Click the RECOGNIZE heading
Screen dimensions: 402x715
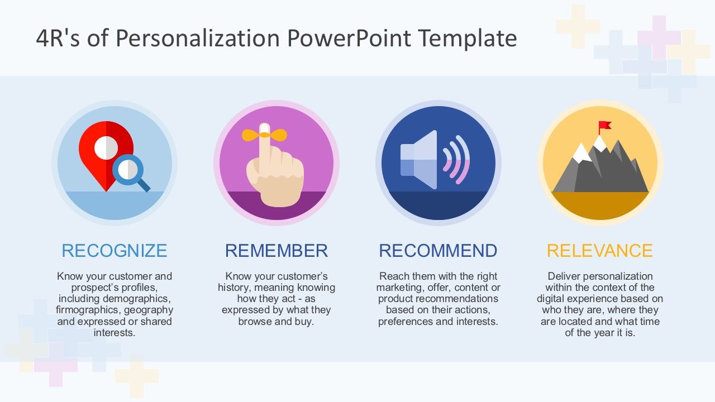click(x=114, y=251)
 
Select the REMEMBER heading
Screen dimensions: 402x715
click(x=276, y=251)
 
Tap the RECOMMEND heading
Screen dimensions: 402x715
click(x=438, y=251)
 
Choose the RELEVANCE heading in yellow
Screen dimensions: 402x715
click(x=599, y=251)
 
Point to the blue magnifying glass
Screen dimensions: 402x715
click(x=130, y=169)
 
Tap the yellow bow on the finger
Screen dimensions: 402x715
click(x=264, y=135)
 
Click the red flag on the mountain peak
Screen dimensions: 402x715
click(x=604, y=126)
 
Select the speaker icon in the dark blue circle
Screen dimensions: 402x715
click(x=419, y=160)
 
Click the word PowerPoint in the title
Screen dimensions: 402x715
click(x=349, y=39)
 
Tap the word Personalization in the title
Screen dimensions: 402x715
click(x=198, y=39)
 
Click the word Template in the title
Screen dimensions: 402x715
click(x=468, y=39)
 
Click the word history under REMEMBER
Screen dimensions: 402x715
click(x=234, y=288)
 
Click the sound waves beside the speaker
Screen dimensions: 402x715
click(x=456, y=160)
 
